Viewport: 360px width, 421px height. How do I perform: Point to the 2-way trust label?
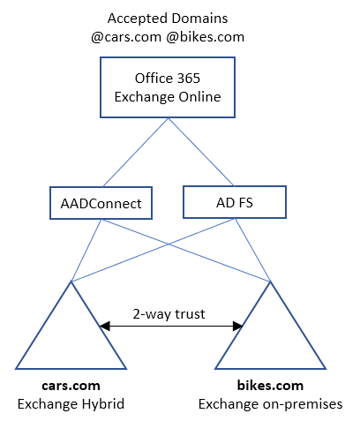point(169,312)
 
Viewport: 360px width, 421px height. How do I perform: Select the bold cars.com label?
point(71,386)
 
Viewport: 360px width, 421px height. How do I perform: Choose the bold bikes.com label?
point(270,386)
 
